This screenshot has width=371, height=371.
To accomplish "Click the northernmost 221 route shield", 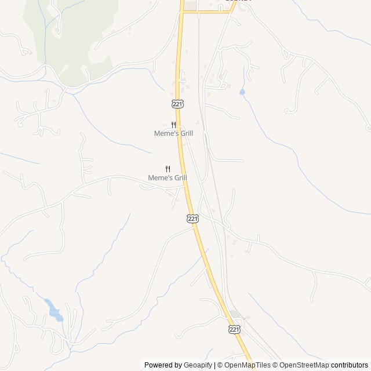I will (x=178, y=103).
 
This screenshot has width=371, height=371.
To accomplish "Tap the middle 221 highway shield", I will (x=193, y=219).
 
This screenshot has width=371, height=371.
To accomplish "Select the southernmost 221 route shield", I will (x=234, y=329).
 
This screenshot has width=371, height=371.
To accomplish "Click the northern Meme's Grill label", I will (x=173, y=133).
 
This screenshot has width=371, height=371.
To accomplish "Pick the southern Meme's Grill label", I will (x=168, y=177).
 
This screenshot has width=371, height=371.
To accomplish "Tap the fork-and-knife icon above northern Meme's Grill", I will (x=173, y=125).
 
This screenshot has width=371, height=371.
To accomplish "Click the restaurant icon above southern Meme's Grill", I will (x=168, y=169).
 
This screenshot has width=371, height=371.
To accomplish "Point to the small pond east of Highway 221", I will (x=242, y=92).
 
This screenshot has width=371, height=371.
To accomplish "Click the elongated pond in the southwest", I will (x=54, y=311).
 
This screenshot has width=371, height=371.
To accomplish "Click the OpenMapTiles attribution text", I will (x=243, y=365).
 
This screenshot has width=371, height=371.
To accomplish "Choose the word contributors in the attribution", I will (x=350, y=365).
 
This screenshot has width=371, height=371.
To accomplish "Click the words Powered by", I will (x=163, y=365).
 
